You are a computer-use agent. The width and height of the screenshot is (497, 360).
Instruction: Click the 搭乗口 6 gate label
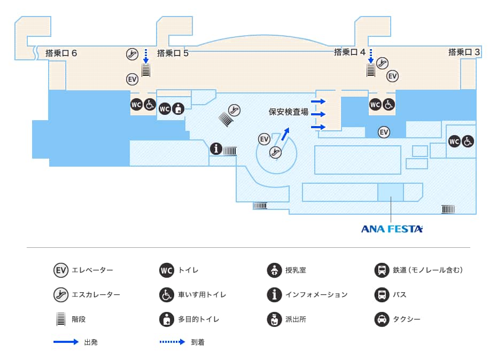click(61, 53)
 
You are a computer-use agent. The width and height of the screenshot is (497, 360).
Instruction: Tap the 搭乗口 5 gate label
click(173, 53)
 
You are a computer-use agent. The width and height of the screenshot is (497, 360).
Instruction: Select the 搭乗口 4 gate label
click(350, 52)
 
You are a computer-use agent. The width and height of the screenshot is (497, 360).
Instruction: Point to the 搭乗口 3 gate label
click(464, 52)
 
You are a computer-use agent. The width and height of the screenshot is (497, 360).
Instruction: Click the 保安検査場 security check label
click(289, 112)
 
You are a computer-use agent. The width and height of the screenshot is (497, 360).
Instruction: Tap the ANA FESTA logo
click(392, 229)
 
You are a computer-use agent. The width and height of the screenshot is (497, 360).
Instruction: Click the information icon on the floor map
click(216, 148)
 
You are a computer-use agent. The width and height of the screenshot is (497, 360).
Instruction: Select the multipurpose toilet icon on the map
click(178, 108)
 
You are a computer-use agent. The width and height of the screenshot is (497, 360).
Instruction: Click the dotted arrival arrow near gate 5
click(145, 56)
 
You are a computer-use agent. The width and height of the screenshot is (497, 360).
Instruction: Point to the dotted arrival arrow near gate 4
click(370, 56)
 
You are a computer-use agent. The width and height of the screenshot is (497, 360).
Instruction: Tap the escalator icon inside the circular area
click(275, 152)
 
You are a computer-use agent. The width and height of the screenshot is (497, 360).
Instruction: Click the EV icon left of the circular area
click(264, 139)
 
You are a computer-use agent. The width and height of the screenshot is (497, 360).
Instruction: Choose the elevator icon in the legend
click(61, 270)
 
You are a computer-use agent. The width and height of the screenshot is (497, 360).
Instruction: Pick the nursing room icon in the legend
click(274, 270)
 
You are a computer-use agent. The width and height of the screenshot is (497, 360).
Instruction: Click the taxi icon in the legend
click(382, 319)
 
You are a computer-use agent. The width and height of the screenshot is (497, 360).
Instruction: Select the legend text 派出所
click(296, 319)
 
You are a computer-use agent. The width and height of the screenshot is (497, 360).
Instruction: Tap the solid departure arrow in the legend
click(66, 342)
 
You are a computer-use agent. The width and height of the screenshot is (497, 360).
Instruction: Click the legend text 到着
click(197, 342)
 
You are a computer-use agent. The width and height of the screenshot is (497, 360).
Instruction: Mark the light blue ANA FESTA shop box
click(391, 192)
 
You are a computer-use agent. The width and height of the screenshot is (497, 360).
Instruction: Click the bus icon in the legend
click(382, 295)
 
